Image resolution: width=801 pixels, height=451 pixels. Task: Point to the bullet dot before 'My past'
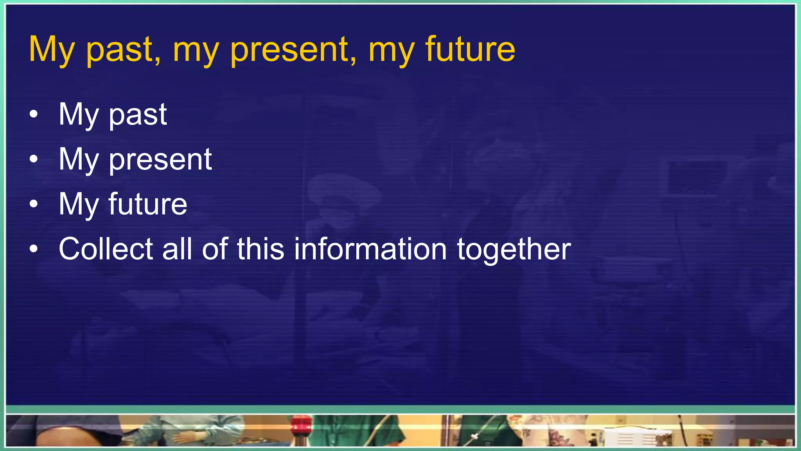coord(34,114)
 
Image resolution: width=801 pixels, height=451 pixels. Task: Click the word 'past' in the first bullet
coord(138,115)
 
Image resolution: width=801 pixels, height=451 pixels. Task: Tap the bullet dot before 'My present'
coord(34,159)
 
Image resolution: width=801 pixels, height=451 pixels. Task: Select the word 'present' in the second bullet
coord(160,160)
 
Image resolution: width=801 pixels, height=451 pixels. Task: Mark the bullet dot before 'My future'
coord(34,204)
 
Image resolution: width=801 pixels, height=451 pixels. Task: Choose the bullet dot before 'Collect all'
coord(34,249)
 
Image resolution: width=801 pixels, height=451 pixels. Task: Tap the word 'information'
coord(370,249)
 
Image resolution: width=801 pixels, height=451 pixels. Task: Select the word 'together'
coord(514,250)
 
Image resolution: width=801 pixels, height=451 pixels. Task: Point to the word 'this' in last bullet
coord(260,249)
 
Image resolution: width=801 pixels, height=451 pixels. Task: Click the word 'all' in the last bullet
coord(177,249)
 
